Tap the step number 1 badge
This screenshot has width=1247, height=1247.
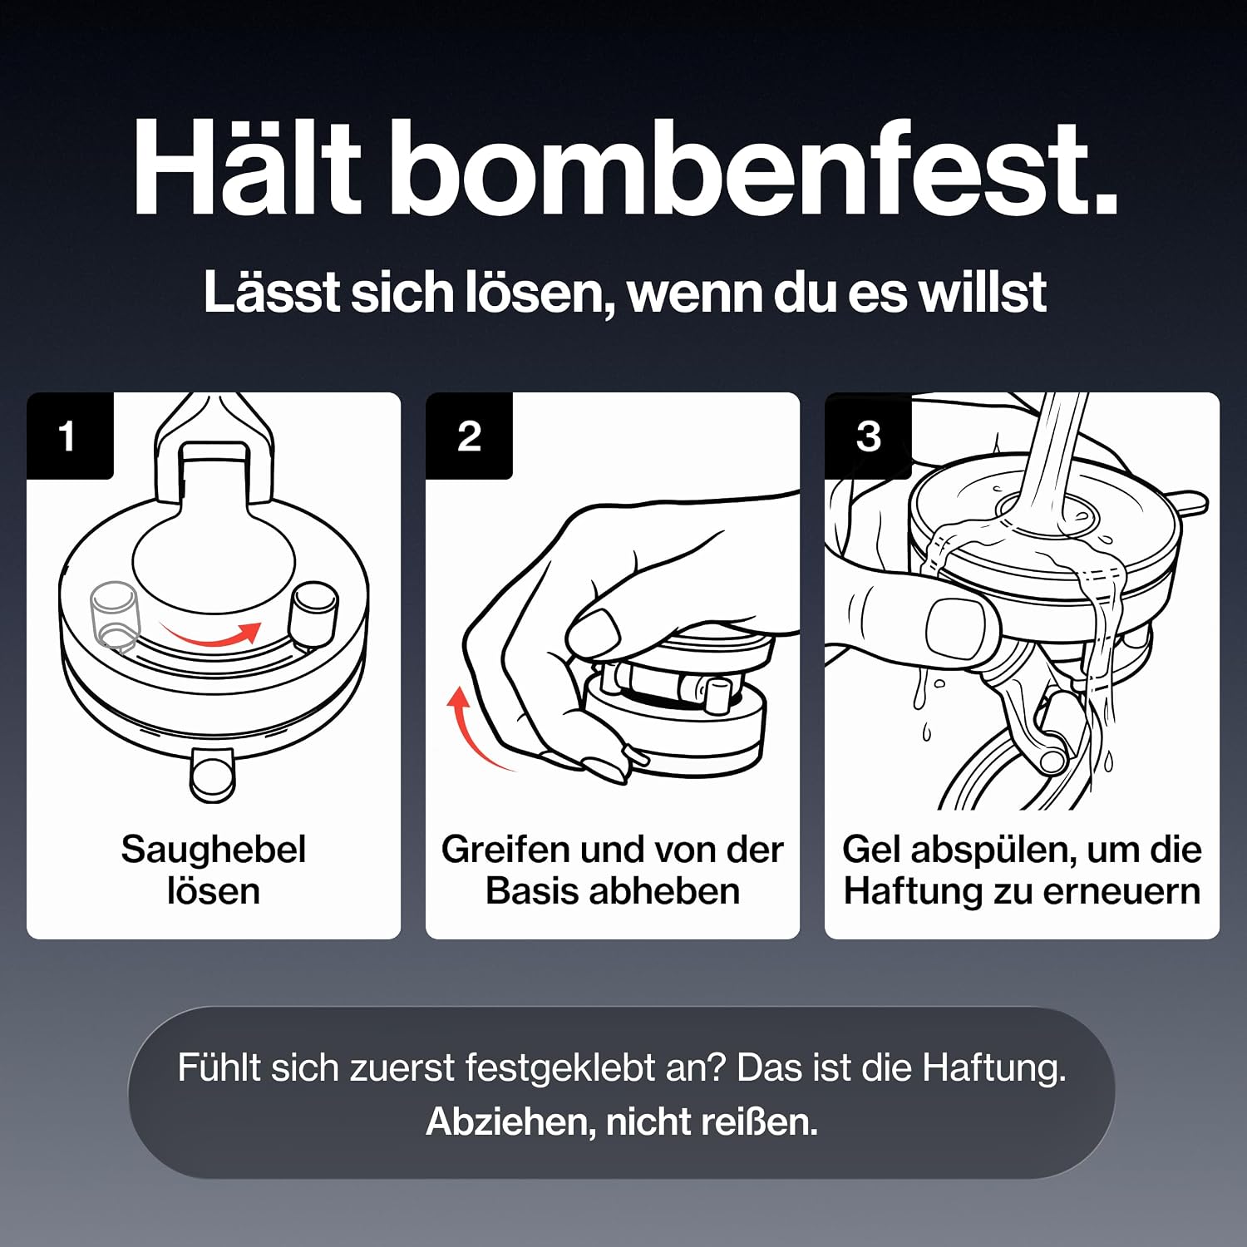[69, 436]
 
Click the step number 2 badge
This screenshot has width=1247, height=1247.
[469, 436]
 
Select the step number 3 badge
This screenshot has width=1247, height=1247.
[868, 436]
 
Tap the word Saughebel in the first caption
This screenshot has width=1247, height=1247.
[214, 850]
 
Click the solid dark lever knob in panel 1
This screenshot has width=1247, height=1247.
[313, 614]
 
